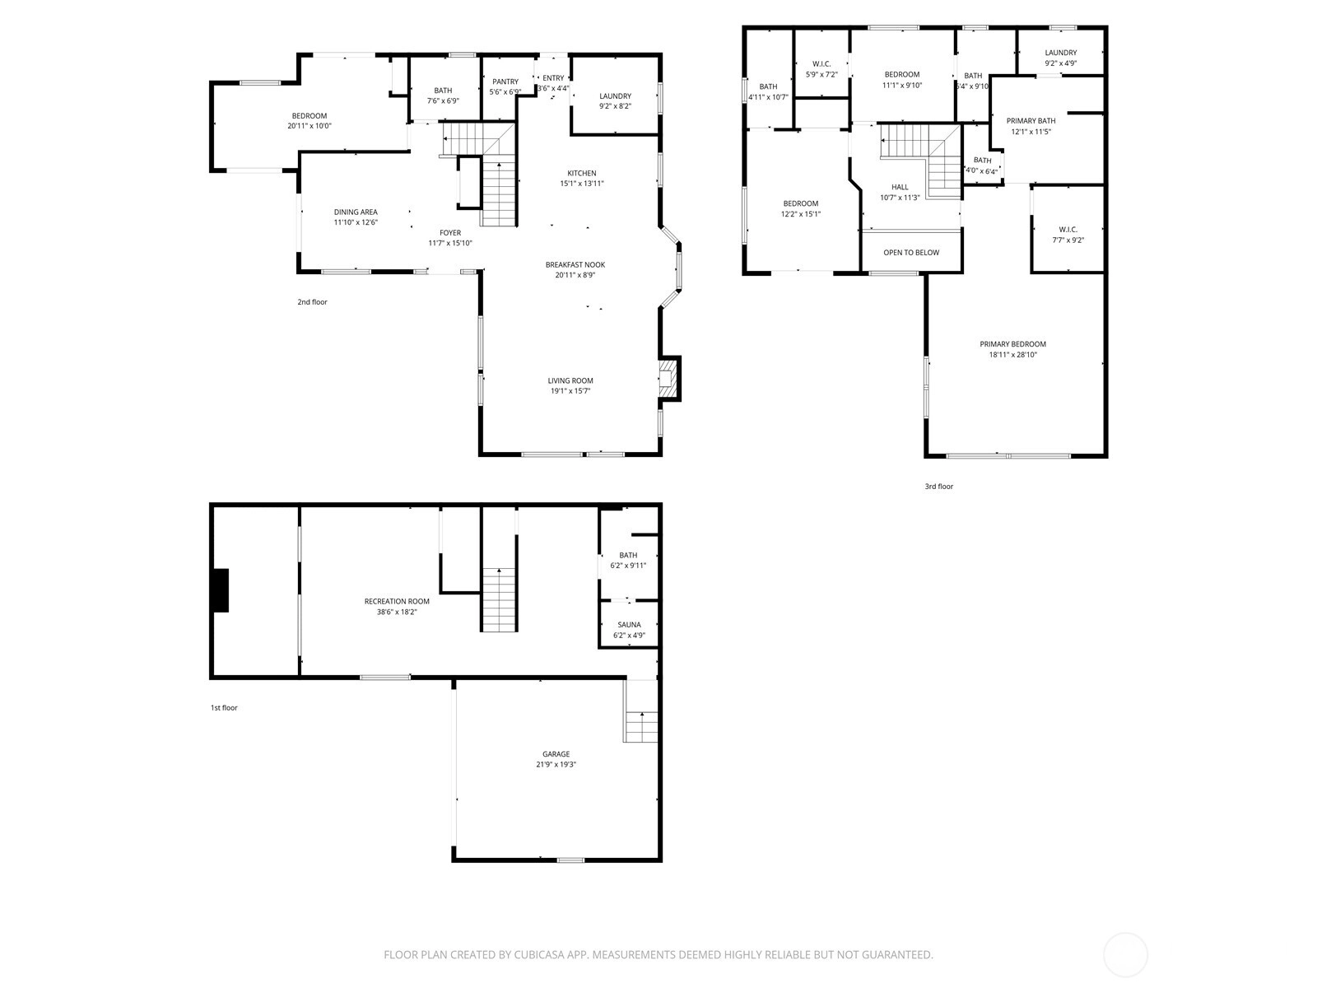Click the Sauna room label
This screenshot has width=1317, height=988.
tap(629, 624)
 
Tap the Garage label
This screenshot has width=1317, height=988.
tap(556, 754)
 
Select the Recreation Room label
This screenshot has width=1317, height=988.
tap(397, 601)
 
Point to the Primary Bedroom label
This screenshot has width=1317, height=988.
tap(1012, 343)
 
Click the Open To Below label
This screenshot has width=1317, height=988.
tap(911, 253)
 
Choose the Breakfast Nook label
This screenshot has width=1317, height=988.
tap(575, 264)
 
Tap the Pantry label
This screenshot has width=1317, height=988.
tap(505, 82)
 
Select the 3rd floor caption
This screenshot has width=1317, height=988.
tap(938, 487)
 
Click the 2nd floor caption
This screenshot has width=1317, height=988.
tap(312, 301)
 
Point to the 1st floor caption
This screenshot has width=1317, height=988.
tap(224, 708)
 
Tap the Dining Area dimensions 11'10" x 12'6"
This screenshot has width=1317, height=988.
tap(356, 222)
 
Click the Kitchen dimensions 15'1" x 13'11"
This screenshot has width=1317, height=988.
tap(581, 184)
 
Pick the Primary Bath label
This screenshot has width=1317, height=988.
tap(1031, 120)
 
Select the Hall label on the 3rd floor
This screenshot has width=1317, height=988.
tap(900, 187)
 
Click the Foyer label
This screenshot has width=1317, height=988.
tap(450, 233)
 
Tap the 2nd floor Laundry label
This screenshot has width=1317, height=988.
tap(615, 96)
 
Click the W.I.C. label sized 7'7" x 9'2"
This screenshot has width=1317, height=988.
tap(1068, 230)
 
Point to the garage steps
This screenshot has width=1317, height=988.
tap(641, 726)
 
